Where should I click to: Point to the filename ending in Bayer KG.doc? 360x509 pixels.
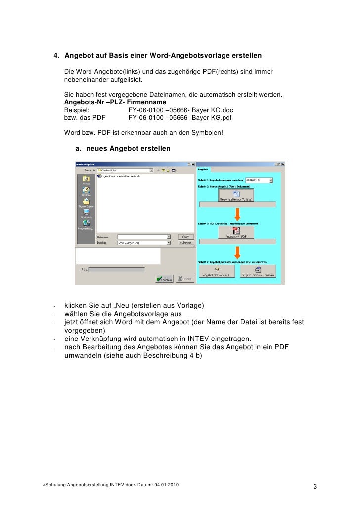coord(180,110)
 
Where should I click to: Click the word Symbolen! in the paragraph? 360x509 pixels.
coord(207,132)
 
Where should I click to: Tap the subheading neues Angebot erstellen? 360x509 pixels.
coord(128,148)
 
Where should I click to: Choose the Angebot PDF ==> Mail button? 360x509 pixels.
coord(217,271)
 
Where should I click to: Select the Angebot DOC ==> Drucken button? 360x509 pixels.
coord(258,271)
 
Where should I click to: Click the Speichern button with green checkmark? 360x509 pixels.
coord(164,279)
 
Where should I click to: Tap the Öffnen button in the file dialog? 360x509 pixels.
coord(184,237)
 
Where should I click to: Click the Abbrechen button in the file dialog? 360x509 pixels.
coord(184,243)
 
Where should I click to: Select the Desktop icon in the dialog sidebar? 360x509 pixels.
coord(86,192)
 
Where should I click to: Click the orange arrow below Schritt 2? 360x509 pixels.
coord(237,213)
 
